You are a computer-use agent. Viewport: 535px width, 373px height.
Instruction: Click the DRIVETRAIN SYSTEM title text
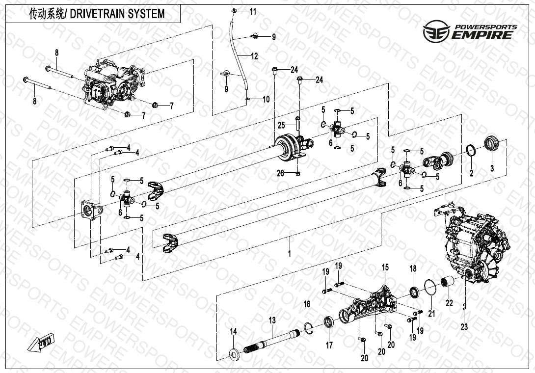coord(97,14)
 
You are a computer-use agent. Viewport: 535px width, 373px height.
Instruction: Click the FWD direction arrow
coord(43,342)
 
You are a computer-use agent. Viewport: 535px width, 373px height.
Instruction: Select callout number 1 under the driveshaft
coord(290,254)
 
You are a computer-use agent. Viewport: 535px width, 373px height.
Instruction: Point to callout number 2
coord(471,173)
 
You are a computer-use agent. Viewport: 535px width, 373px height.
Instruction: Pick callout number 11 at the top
coord(253,11)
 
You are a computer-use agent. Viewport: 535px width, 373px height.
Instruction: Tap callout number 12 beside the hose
coord(254,56)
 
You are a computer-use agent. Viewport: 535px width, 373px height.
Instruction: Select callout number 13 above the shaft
coord(272,320)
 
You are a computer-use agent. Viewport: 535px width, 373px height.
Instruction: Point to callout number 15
coord(385,267)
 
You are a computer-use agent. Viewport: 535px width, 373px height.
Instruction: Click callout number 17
coord(329,346)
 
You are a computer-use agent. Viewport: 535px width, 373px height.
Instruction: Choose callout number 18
coord(413,268)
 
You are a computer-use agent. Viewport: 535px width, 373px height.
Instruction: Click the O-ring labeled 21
coord(430,288)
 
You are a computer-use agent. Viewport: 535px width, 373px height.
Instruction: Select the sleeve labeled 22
coord(449,284)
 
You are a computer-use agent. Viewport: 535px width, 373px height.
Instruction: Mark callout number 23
coord(464,327)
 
